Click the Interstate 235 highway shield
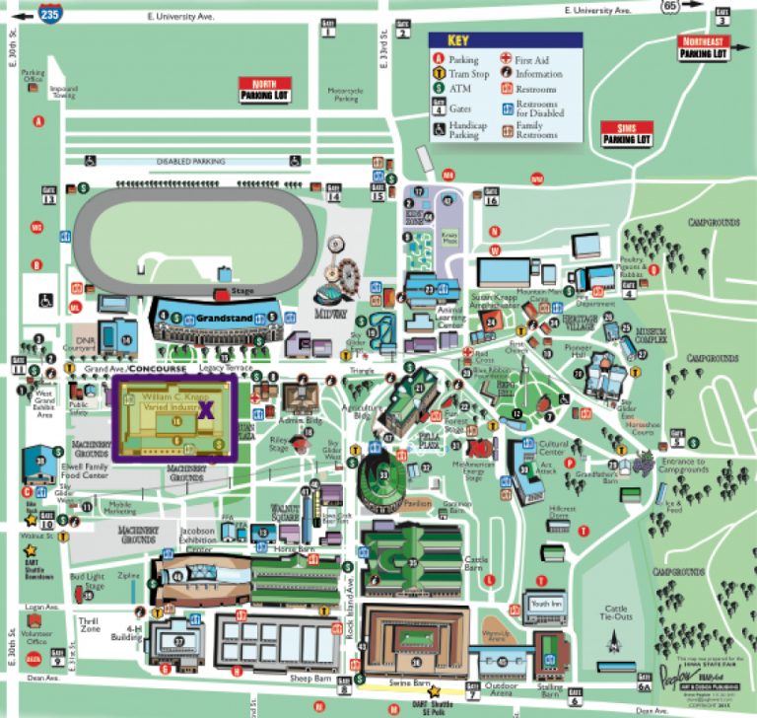(x=48, y=13)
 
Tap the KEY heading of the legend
(x=459, y=41)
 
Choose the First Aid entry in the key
(x=533, y=60)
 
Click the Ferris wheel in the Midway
(x=349, y=272)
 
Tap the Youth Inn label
(x=545, y=603)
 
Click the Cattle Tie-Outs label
(x=616, y=613)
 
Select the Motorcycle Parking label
(x=344, y=95)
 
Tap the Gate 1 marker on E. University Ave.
(x=327, y=29)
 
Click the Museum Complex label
(x=651, y=334)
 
